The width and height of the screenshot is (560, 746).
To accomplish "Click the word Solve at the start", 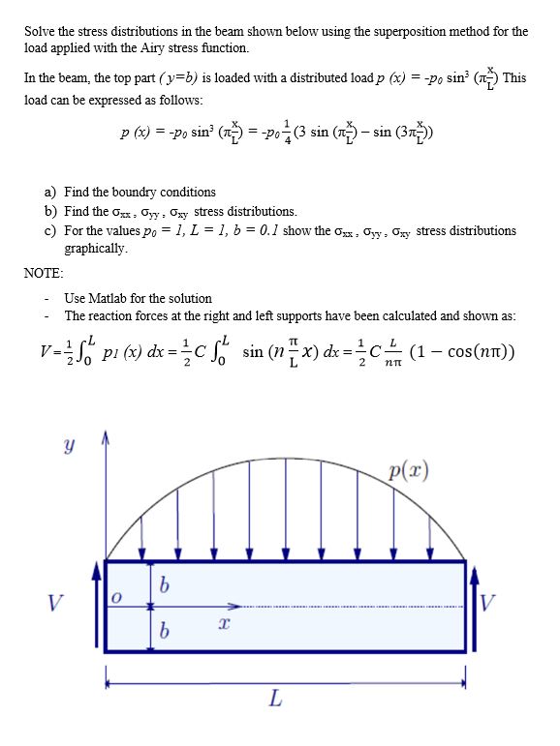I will point(40,32).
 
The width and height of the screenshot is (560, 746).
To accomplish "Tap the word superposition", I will point(369,32).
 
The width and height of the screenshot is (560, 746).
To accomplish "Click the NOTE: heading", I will point(44,274).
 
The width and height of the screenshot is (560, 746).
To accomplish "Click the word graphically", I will point(95,249).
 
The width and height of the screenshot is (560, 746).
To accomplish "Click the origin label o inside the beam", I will point(113,602).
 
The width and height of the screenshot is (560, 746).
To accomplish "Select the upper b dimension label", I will point(165,586).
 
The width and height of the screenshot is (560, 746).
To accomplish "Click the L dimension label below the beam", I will point(275,699).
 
